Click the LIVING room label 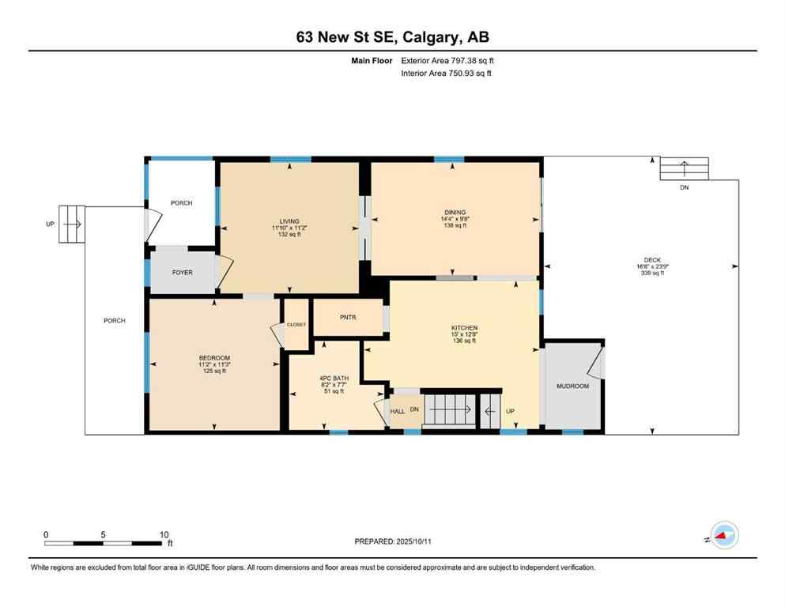pos(289,221)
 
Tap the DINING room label pos(454,212)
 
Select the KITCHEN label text pos(464,327)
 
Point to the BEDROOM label pos(213,357)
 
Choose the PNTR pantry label pos(348,317)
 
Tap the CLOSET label pos(296,324)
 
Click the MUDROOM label pos(572,386)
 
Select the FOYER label pos(183,273)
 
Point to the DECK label pos(652,260)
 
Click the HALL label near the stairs pos(398,411)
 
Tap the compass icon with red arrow pos(723,536)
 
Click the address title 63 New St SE pos(392,36)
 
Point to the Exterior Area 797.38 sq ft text pos(448,60)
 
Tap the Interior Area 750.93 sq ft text pos(447,73)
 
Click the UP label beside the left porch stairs pos(50,224)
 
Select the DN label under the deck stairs pos(685,188)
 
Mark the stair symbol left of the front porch pos(71,224)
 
